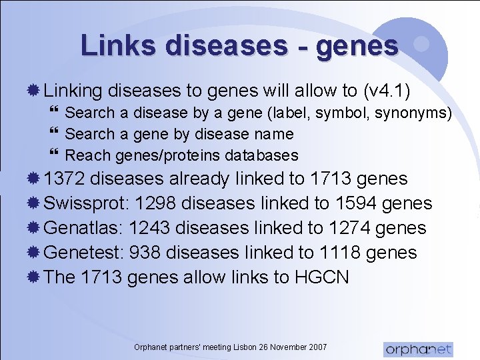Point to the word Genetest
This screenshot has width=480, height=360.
coord(83,253)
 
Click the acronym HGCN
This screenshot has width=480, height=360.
coord(321,277)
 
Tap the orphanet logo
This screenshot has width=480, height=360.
coord(418,348)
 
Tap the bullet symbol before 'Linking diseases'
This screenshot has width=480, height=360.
coord(36,90)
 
